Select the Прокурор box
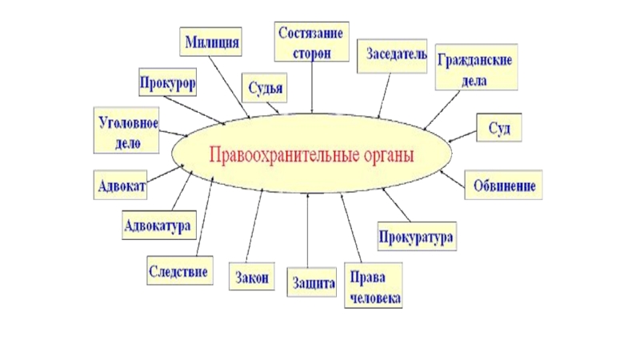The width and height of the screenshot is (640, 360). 167,82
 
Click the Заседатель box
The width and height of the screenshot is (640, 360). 391,55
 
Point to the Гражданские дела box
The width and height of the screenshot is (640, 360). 474,70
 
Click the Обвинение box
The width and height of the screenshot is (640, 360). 504,185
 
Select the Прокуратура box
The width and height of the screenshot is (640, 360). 416,238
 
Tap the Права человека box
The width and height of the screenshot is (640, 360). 372,287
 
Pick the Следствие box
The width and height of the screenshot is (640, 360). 180,270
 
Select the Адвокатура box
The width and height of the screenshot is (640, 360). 158,225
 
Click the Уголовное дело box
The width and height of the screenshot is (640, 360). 129,133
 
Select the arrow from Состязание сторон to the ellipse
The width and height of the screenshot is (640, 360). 311,88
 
